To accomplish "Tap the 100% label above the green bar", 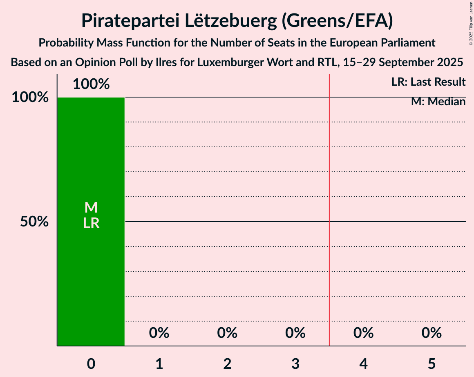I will pos(91,84).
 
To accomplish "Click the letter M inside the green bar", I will pos(91,208).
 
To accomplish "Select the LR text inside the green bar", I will pos(91,223).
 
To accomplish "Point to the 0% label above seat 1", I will pos(159,333).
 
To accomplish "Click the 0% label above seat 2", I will pos(227,333).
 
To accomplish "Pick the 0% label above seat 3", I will pos(295,333).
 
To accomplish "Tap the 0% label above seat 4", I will pos(364,333).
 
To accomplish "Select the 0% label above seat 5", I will pos(432,333).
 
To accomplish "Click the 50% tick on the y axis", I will pos(35,222).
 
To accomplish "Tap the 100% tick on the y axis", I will pos(30,98).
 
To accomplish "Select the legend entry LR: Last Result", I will pos(428,82).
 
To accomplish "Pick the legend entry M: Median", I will pos(438,102).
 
